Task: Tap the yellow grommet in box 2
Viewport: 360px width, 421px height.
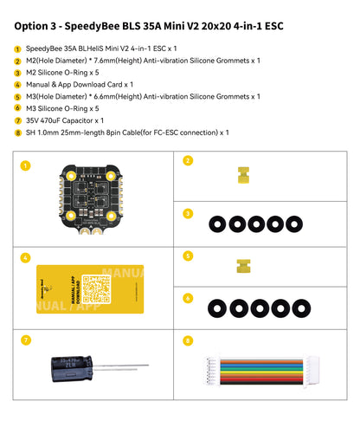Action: (241, 176)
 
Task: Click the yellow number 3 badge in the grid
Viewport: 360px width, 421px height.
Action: (188, 212)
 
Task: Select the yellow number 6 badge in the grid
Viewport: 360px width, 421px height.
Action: (188, 297)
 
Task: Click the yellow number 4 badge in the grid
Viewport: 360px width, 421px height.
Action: (25, 257)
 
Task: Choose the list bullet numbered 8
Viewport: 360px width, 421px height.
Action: (17, 133)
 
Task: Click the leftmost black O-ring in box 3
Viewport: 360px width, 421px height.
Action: (216, 223)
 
